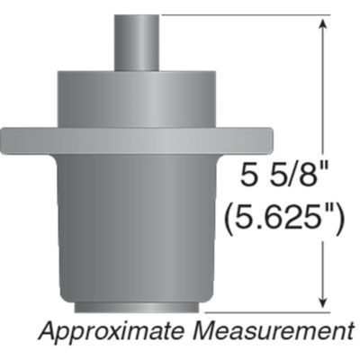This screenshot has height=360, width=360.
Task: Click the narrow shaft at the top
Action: [138, 41]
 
